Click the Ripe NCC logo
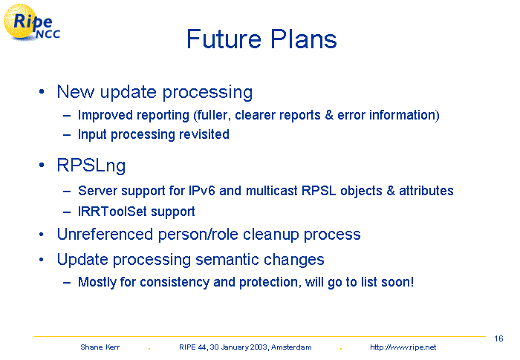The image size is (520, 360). pos(31,22)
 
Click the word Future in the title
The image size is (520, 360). pos(224,39)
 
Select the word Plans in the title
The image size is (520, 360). pos(303,39)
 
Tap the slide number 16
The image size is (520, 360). pos(498,338)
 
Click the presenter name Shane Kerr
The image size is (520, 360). pos(100,347)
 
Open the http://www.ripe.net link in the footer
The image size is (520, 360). pos(403,347)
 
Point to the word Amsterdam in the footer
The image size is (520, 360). pos(291,347)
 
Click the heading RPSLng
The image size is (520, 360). pos(91,166)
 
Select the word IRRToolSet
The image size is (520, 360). pos(112,211)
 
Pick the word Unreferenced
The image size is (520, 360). pos(105,235)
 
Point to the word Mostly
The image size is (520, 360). pos(97,282)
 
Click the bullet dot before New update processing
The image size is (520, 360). pos(42,91)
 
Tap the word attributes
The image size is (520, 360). pos(426,191)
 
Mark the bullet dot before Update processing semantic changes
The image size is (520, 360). pos(41,260)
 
